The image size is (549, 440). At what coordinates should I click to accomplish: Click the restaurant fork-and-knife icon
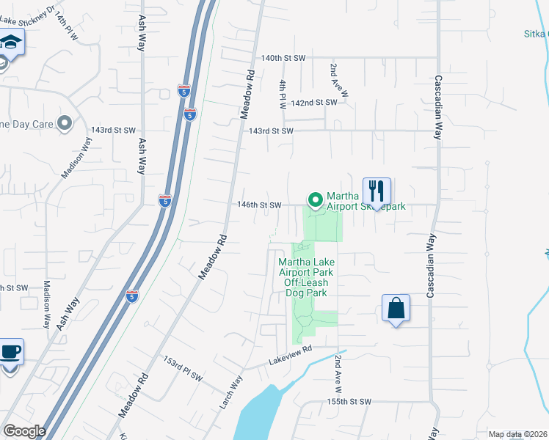377,191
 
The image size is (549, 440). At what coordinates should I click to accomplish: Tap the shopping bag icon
396,308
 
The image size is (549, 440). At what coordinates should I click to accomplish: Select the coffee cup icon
10,351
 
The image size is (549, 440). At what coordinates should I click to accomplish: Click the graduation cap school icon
11,42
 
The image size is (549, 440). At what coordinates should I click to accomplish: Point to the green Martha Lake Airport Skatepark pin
316,199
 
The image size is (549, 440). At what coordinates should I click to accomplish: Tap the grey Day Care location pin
65,124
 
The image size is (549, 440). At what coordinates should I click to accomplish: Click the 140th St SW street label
283,57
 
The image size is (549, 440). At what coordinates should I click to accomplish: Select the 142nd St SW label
313,103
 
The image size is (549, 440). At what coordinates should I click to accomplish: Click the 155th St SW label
349,402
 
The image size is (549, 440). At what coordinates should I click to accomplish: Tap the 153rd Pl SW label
181,370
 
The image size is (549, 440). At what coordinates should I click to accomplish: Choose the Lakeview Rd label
291,355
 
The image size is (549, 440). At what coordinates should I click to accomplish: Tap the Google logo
23,431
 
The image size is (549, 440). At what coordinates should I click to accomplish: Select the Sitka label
536,33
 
